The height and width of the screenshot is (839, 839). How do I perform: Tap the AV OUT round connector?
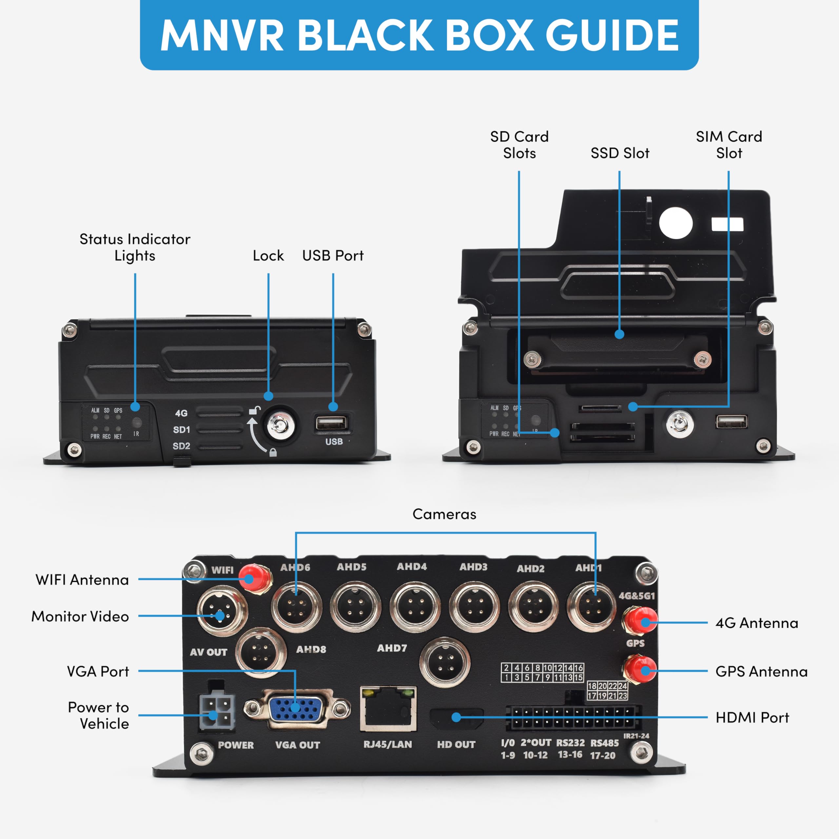pyautogui.click(x=222, y=610)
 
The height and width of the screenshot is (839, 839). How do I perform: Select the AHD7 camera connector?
pyautogui.click(x=445, y=663)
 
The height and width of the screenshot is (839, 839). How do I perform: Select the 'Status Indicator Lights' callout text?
pyautogui.click(x=135, y=247)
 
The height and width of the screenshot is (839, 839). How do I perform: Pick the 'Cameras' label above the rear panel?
pyautogui.click(x=444, y=514)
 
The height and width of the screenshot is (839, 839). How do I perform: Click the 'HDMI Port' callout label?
pyautogui.click(x=752, y=718)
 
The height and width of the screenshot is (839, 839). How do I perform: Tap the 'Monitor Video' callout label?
pyautogui.click(x=80, y=616)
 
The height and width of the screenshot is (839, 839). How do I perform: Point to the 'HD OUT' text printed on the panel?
pyautogui.click(x=456, y=744)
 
